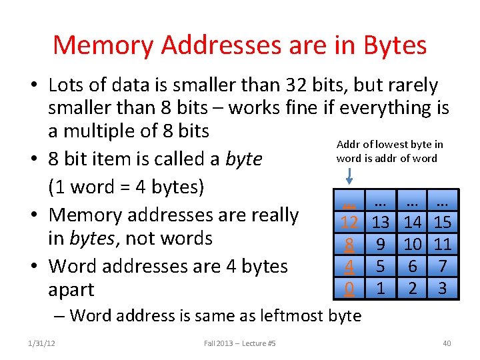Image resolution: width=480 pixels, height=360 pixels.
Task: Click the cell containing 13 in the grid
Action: (x=381, y=222)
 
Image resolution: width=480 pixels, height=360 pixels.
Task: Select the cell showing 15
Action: (x=443, y=222)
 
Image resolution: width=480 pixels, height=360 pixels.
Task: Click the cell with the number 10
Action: (x=412, y=244)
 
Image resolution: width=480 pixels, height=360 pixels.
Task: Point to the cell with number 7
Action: (x=443, y=267)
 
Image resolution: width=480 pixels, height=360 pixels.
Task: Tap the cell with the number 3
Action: (x=443, y=289)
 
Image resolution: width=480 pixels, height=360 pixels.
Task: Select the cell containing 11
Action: (x=443, y=244)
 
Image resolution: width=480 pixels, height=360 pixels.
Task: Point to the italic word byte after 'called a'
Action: (x=243, y=159)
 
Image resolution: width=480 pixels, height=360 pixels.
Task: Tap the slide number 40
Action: (x=447, y=343)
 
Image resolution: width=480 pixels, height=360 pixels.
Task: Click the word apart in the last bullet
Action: (x=71, y=290)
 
